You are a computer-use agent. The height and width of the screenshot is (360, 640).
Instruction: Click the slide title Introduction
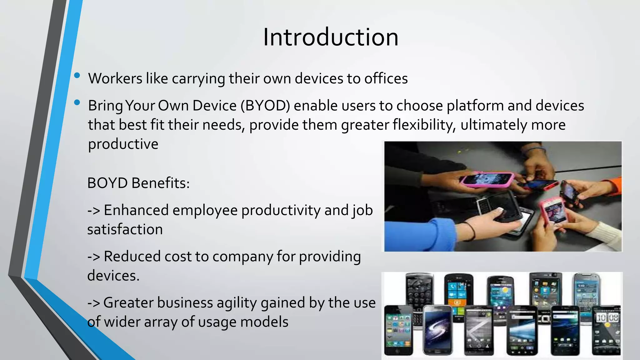pyautogui.click(x=331, y=37)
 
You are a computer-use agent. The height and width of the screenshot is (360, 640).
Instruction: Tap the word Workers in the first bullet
pyautogui.click(x=115, y=78)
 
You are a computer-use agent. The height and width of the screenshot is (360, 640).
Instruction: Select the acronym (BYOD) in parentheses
pyautogui.click(x=265, y=106)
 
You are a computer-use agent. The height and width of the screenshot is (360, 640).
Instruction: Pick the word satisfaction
pyautogui.click(x=125, y=230)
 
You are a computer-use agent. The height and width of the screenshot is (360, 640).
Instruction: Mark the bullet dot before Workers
pyautogui.click(x=77, y=75)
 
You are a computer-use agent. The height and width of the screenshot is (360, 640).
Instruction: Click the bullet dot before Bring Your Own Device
pyautogui.click(x=77, y=102)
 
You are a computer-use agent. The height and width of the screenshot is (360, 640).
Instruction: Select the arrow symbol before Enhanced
pyautogui.click(x=93, y=210)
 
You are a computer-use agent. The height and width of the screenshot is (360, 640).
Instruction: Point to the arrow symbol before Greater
pyautogui.click(x=93, y=303)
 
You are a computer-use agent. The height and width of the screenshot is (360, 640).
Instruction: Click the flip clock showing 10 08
pyautogui.click(x=607, y=318)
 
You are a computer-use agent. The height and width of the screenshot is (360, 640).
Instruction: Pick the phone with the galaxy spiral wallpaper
pyautogui.click(x=437, y=331)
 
